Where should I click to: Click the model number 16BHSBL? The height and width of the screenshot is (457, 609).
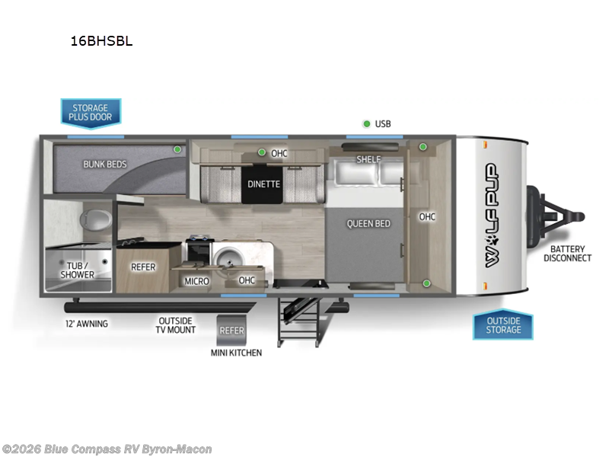click(101, 42)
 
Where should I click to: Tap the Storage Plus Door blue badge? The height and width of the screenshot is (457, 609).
click(91, 113)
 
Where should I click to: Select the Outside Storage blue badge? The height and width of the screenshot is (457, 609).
click(503, 325)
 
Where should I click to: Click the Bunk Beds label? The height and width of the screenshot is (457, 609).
click(105, 164)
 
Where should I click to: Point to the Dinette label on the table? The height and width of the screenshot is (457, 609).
click(264, 184)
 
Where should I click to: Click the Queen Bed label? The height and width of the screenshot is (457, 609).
click(368, 223)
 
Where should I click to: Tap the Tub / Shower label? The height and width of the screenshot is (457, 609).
click(78, 270)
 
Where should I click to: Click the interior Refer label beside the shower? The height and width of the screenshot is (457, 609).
click(143, 267)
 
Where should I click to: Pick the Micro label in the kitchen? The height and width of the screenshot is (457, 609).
click(196, 281)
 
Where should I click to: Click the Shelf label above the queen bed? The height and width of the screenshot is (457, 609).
click(368, 159)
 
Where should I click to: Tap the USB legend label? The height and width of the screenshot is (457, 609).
click(383, 123)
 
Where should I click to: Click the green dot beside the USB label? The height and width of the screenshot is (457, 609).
click(366, 123)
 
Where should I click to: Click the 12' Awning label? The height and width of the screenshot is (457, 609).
click(86, 324)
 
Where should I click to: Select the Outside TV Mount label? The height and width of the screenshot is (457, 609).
click(177, 325)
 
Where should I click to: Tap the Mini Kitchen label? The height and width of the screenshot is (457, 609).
click(236, 353)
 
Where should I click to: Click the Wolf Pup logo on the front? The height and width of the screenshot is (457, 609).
click(491, 216)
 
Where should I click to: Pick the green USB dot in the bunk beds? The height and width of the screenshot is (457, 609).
click(177, 149)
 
